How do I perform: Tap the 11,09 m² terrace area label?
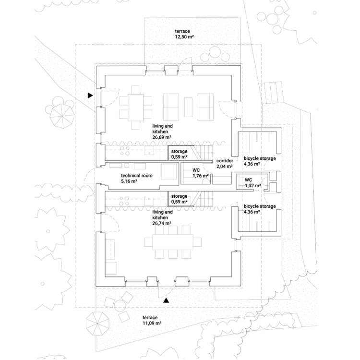pyautogui.click(x=151, y=321)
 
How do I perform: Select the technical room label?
pyautogui.click(x=136, y=179)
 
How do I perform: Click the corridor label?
pyautogui.click(x=225, y=163)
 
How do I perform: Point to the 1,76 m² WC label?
pyautogui.click(x=200, y=173)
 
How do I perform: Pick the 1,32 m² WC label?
pyautogui.click(x=252, y=182)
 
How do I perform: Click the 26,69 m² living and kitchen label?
pyautogui.click(x=163, y=131)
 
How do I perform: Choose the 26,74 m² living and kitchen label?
pyautogui.click(x=163, y=217)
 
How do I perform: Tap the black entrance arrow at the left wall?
pyautogui.click(x=90, y=96)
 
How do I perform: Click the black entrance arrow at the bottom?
pyautogui.click(x=166, y=300)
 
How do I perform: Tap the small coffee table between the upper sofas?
pyautogui.click(x=188, y=106)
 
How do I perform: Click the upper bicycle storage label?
pyautogui.click(x=259, y=161)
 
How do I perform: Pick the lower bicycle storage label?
pyautogui.click(x=259, y=209)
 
